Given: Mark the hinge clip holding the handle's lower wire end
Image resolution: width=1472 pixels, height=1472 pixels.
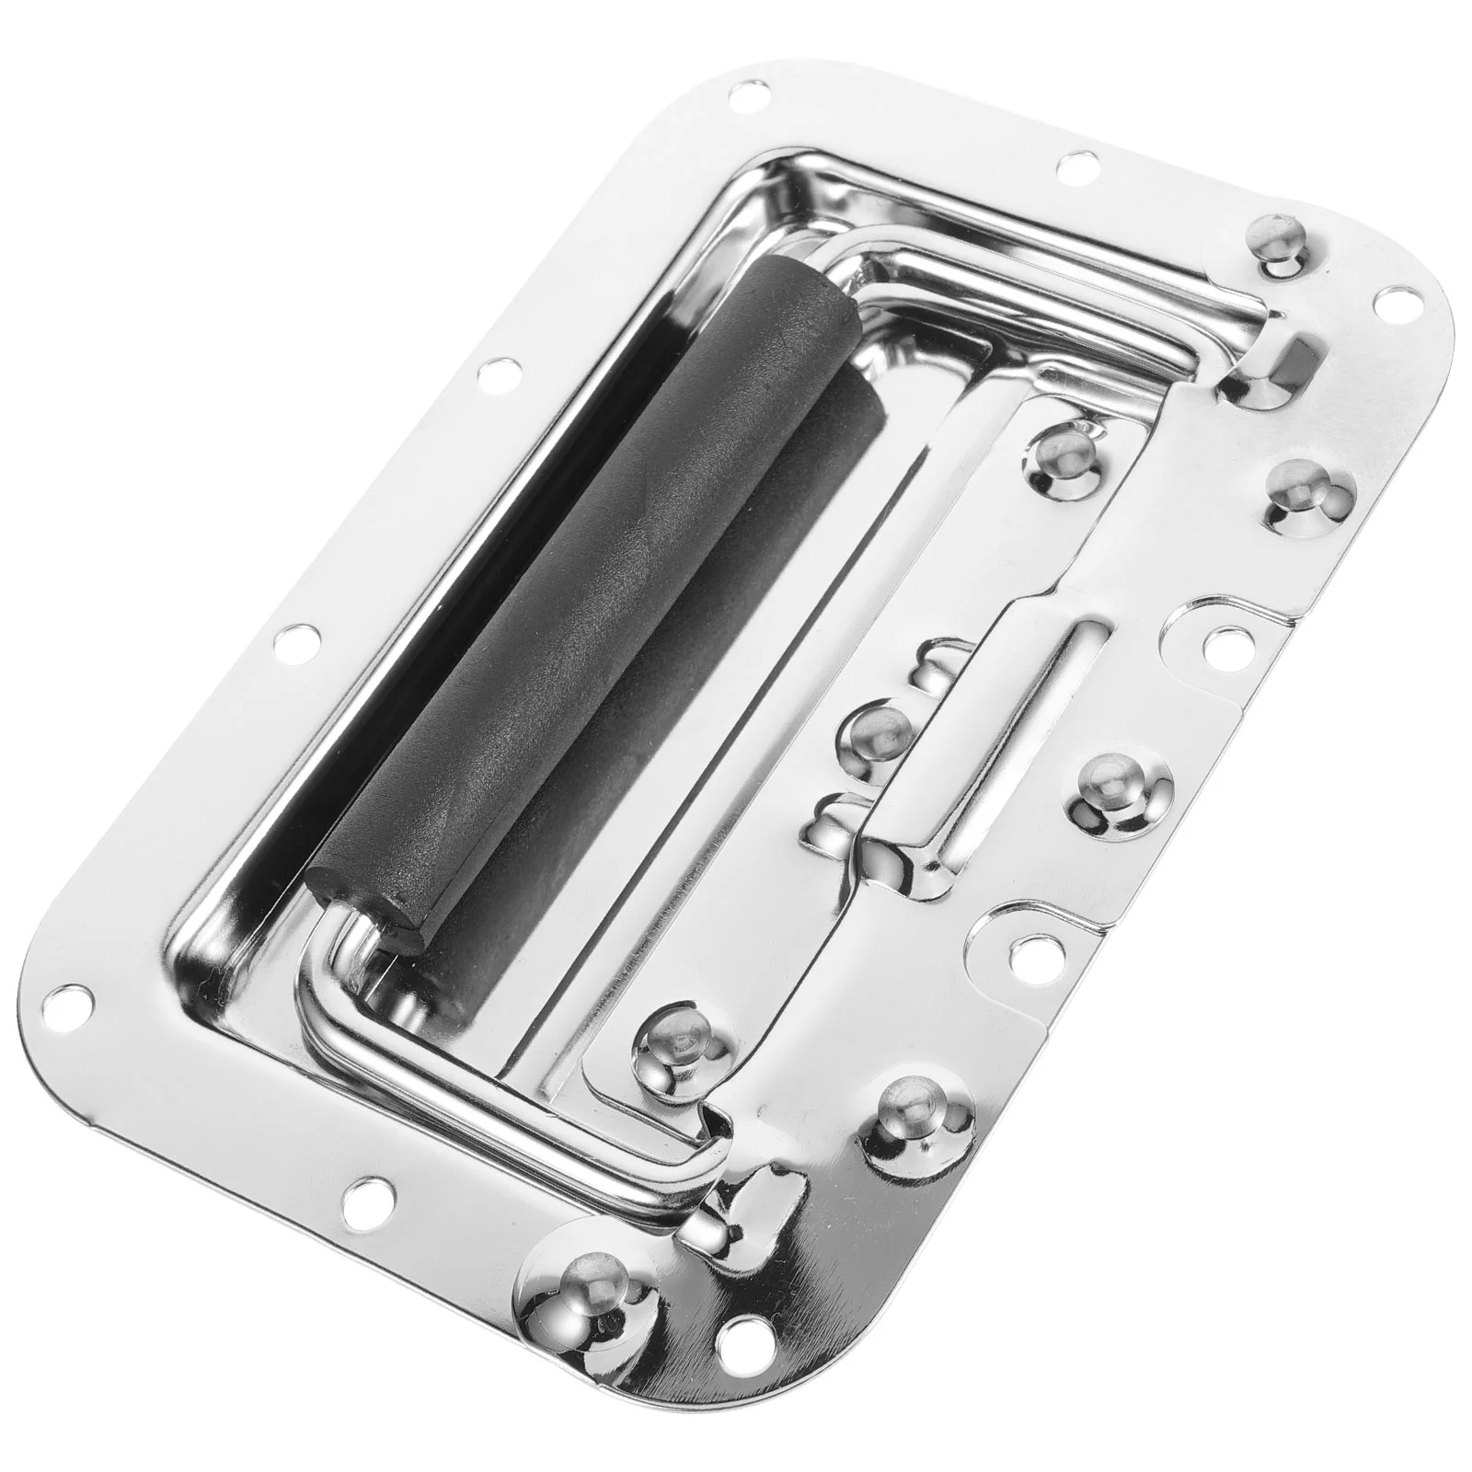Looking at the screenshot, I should point(736,1214).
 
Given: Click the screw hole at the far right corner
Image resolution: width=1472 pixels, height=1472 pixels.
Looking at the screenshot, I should point(1402,299).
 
